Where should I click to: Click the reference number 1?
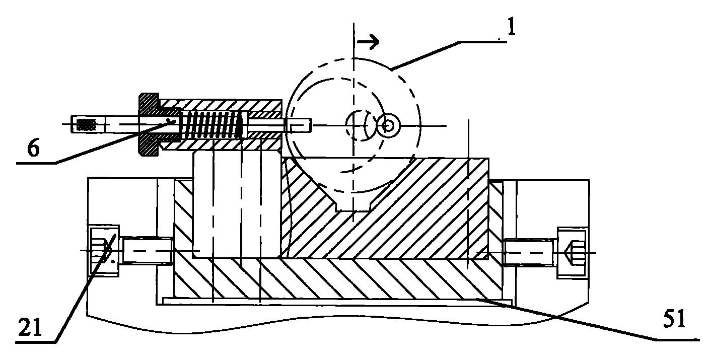511,28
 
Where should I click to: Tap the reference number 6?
34,148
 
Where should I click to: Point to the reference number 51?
673,319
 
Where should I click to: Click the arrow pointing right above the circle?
368,41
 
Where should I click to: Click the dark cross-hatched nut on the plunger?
149,124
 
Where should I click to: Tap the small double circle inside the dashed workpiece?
388,126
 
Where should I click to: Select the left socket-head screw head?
104,251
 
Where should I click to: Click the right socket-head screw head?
572,253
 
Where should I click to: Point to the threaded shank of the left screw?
147,251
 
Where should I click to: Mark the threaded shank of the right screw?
530,253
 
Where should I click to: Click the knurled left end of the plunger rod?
88,123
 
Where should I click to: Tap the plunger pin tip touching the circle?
299,125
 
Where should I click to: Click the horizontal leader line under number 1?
482,41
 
